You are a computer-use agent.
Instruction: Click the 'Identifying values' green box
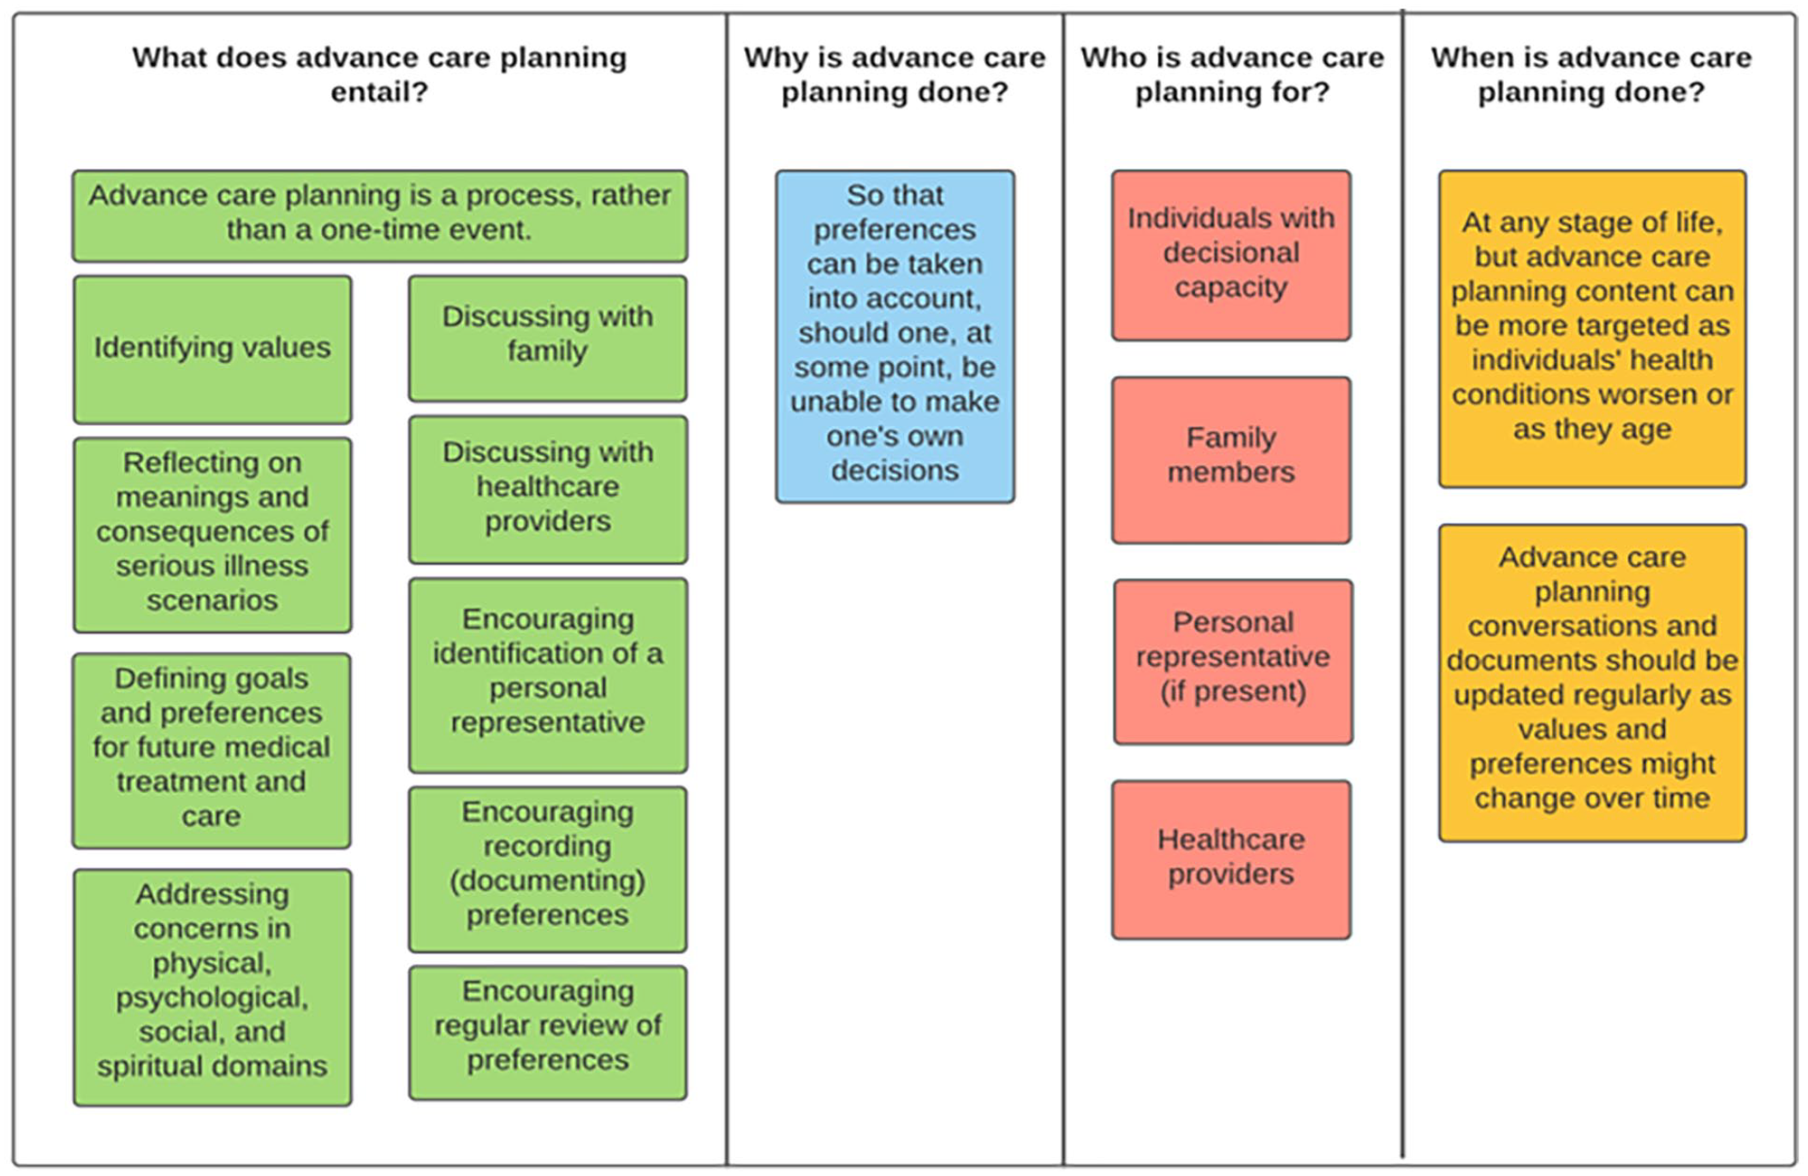click(212, 349)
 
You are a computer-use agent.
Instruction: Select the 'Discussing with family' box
click(548, 338)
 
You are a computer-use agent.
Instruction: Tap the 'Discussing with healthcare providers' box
click(548, 490)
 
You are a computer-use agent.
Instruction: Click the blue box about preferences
click(895, 336)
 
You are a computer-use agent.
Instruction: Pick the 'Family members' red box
click(1231, 460)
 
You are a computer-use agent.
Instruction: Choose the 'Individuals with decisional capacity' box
click(1231, 255)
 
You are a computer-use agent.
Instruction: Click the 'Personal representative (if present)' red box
click(1233, 662)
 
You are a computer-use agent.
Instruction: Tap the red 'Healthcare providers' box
click(1231, 859)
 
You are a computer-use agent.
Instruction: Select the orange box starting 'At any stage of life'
click(1592, 329)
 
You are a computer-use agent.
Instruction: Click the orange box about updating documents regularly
click(1592, 683)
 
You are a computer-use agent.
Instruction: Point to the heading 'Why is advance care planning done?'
click(895, 74)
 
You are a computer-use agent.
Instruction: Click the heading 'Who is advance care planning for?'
click(1232, 74)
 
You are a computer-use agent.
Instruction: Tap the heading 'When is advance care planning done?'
click(1591, 74)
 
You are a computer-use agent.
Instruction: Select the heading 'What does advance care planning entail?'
click(379, 74)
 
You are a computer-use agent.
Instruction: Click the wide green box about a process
click(380, 216)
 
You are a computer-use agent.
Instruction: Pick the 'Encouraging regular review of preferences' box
click(548, 1033)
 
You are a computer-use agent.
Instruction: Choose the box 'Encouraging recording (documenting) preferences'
click(548, 870)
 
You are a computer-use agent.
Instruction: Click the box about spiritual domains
click(212, 988)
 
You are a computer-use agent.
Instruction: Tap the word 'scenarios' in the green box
click(212, 600)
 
